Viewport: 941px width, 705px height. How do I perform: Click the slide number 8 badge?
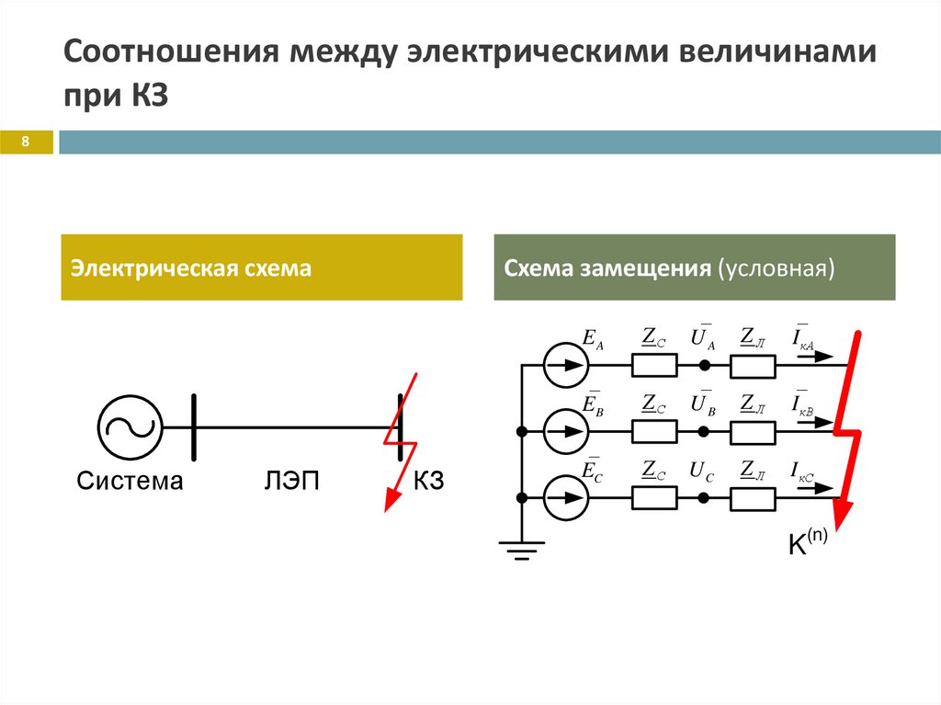pyautogui.click(x=27, y=142)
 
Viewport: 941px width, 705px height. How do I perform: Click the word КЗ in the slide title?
pyautogui.click(x=144, y=96)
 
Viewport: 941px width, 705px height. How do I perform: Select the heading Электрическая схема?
pyautogui.click(x=192, y=268)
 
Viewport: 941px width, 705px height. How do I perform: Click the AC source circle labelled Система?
pyautogui.click(x=130, y=426)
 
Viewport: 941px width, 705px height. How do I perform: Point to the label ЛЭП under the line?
pyautogui.click(x=291, y=481)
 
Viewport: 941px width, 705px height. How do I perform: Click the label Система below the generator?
pyautogui.click(x=130, y=481)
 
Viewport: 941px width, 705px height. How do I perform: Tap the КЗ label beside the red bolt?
pyautogui.click(x=428, y=481)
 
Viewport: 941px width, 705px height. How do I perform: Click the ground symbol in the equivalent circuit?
pyautogui.click(x=521, y=550)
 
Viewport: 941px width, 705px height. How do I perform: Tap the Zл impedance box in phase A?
pyautogui.click(x=754, y=365)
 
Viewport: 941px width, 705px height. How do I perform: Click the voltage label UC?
pyautogui.click(x=703, y=472)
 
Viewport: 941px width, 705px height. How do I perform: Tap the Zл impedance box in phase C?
pyautogui.click(x=754, y=497)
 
